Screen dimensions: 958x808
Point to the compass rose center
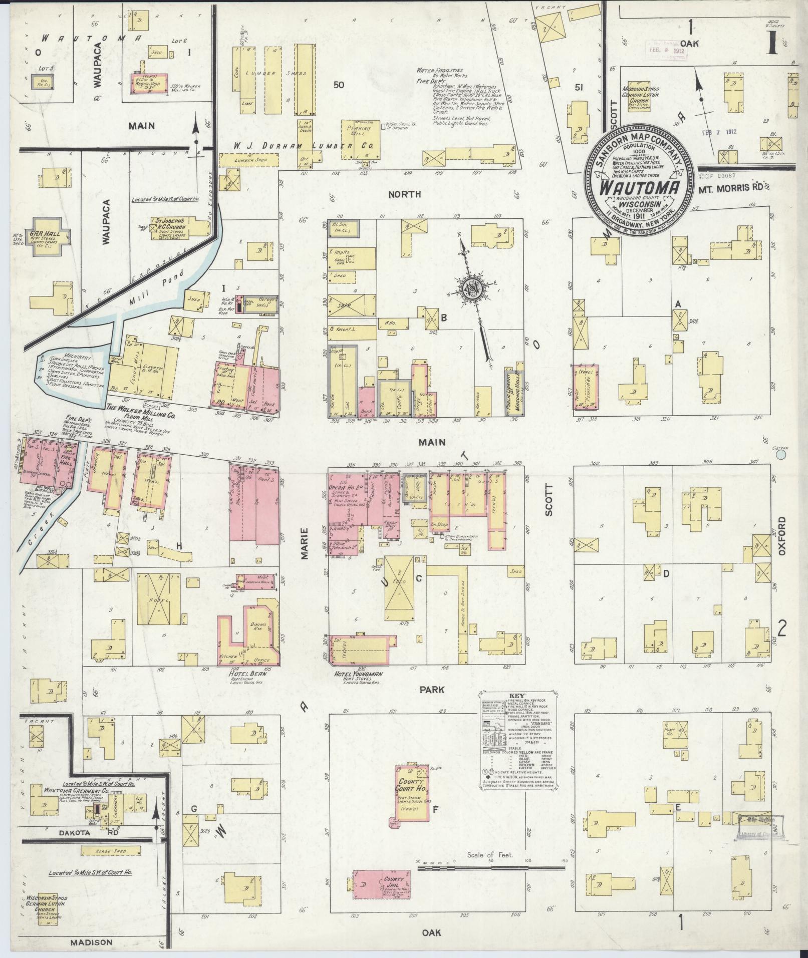(471, 289)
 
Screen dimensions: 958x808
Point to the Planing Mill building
(360, 139)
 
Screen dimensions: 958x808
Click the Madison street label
(91, 942)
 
